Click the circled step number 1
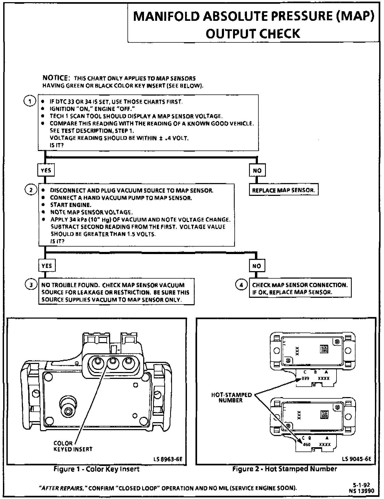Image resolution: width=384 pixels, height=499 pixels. pos(30,101)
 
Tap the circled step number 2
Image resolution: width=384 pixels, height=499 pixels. pos(31,190)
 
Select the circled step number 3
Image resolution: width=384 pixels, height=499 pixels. pos(31,285)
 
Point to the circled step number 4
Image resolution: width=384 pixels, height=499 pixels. pos(241,285)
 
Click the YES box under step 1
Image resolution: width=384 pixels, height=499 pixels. pos(46,170)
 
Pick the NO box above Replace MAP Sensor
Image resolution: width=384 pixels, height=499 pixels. pos(257,171)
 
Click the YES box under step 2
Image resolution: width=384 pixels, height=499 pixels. pos(47,266)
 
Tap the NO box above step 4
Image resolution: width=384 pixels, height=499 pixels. pos(257,266)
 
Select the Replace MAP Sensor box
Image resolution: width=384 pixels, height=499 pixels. pos(283,190)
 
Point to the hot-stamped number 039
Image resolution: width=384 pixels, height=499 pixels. pos(305,378)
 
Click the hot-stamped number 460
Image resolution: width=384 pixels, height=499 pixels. pos(307,445)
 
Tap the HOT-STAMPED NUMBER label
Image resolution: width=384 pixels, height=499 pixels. pos(231,398)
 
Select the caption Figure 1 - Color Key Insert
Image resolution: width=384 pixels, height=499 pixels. pos(97,469)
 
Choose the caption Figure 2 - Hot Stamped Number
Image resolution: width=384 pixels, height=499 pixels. pos(285,469)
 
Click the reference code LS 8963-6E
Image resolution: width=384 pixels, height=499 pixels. pos(168,459)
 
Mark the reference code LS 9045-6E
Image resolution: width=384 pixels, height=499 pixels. pos(357,459)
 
